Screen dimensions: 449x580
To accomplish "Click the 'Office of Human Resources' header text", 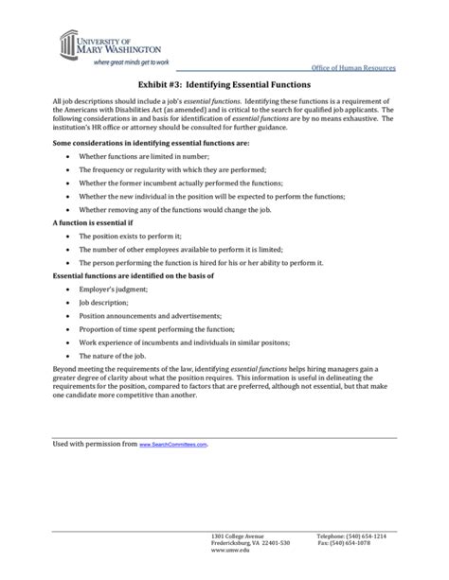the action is point(353,70).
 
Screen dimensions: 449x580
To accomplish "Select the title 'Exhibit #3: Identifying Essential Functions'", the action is point(224,85).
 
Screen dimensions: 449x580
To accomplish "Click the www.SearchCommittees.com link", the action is point(173,445).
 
